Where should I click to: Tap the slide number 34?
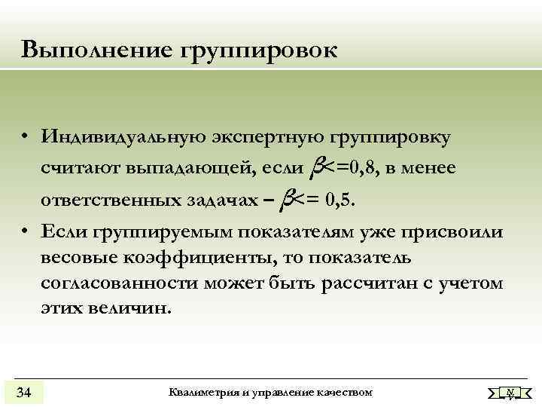click(23, 392)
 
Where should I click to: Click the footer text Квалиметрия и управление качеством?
click(271, 392)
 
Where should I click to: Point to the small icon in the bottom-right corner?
click(510, 392)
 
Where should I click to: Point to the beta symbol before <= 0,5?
click(286, 199)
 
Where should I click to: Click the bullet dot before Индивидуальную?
click(25, 139)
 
